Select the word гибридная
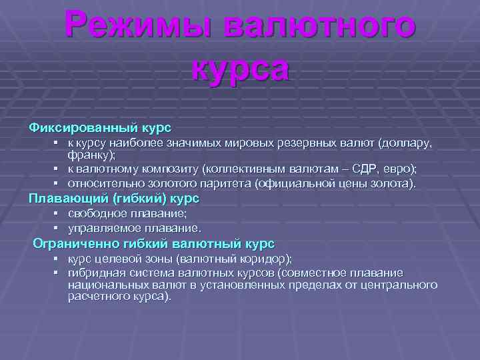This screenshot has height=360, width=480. tap(96, 273)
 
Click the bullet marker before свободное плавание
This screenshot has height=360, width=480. tap(58, 213)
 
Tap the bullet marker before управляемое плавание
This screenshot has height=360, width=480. tap(58, 228)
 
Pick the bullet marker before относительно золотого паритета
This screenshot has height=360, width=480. tap(58, 183)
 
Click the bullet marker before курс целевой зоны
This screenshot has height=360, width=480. tap(58, 259)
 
